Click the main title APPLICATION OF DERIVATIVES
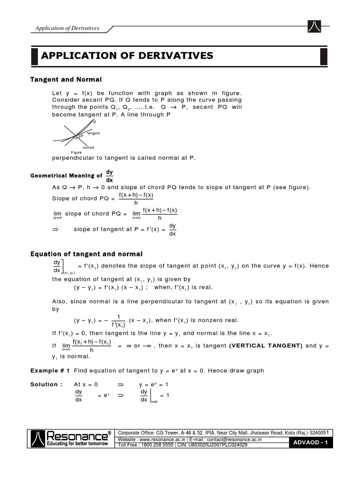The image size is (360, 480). (127, 56)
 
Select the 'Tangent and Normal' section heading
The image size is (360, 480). (66, 79)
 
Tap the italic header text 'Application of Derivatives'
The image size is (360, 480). (67, 28)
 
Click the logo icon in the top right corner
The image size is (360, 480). (314, 27)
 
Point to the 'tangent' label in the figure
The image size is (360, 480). (93, 134)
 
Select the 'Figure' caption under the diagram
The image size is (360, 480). (76, 152)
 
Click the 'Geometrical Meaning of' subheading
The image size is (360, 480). (66, 176)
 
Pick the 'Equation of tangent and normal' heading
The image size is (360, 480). (86, 254)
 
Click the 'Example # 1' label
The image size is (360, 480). (50, 370)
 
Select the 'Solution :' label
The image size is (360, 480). (46, 384)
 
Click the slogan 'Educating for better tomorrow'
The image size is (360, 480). (78, 443)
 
